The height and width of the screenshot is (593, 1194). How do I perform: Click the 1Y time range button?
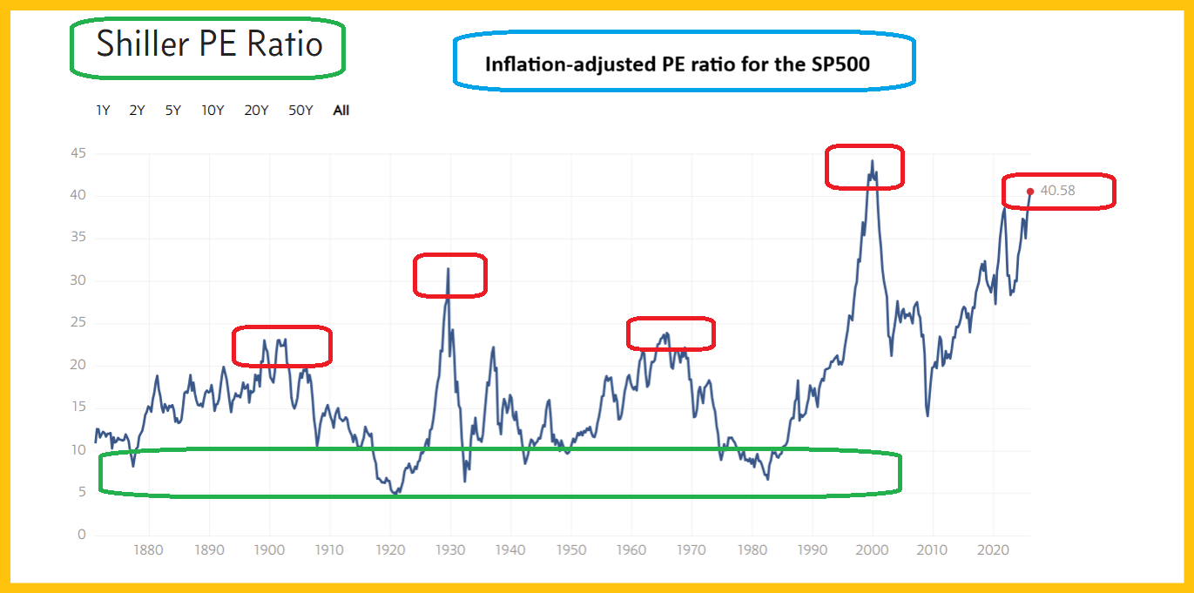103,111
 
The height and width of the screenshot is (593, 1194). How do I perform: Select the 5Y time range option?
172,111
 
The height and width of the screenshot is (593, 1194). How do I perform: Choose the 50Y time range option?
300,111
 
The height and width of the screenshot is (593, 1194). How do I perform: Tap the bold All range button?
341,111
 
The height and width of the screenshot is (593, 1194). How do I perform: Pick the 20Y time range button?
256,111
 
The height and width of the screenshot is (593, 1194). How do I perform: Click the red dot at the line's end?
1030,192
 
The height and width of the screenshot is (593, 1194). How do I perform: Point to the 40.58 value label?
1058,191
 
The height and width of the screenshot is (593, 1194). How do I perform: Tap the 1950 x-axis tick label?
570,550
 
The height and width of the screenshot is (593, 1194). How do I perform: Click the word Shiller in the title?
139,44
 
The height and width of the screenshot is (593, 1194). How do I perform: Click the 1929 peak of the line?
448,269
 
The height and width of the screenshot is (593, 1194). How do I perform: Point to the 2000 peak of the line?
872,161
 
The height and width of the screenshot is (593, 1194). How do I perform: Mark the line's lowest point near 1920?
395,494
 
